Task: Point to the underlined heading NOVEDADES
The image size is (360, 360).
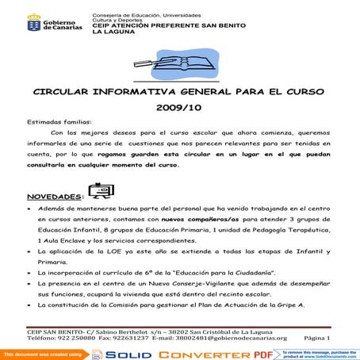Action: [54, 196]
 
